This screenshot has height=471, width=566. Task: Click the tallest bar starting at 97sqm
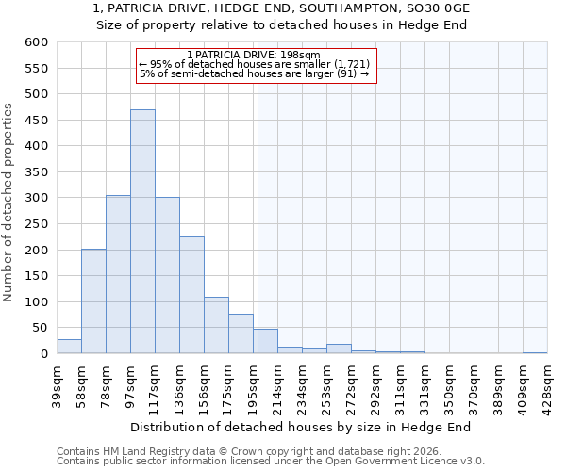point(142,232)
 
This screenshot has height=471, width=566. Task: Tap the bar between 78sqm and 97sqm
point(118,274)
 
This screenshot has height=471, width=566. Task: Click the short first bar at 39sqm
point(69,347)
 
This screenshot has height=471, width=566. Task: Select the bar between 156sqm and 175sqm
point(216,326)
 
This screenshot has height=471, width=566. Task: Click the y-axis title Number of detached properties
point(8,203)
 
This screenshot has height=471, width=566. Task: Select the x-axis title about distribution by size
point(300,427)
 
